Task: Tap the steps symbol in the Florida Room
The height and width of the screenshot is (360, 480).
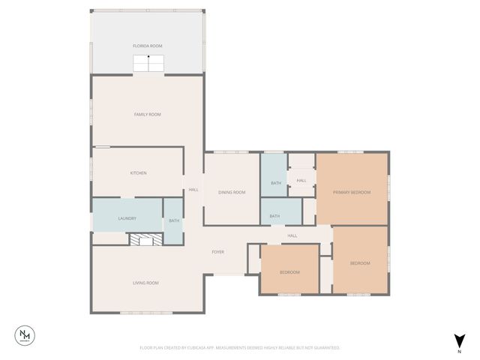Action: coord(148,64)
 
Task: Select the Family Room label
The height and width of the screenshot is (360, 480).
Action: coord(148,114)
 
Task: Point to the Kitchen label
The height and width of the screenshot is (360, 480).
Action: coord(138,173)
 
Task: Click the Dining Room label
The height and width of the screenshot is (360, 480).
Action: coord(232,192)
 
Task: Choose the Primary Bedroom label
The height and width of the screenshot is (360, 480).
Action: coord(352,192)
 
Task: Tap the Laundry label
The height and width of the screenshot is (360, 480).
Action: coord(127,218)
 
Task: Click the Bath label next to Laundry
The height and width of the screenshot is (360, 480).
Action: coord(174,220)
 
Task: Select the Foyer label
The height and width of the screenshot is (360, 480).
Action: coord(217,252)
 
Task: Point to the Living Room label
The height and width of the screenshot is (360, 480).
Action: coord(145,283)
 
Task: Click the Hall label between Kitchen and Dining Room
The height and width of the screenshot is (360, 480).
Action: coord(193,189)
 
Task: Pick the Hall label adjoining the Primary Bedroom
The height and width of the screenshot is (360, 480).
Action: coord(301,180)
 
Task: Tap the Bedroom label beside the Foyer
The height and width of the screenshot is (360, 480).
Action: coord(289,271)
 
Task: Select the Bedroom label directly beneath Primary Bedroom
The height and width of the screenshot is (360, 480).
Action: coord(360,262)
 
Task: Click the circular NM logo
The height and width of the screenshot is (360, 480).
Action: coord(26,335)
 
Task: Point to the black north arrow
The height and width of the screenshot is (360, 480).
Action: coord(459,340)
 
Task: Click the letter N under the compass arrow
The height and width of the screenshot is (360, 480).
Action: coord(459,351)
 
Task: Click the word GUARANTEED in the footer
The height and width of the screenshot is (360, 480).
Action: coord(325,348)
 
